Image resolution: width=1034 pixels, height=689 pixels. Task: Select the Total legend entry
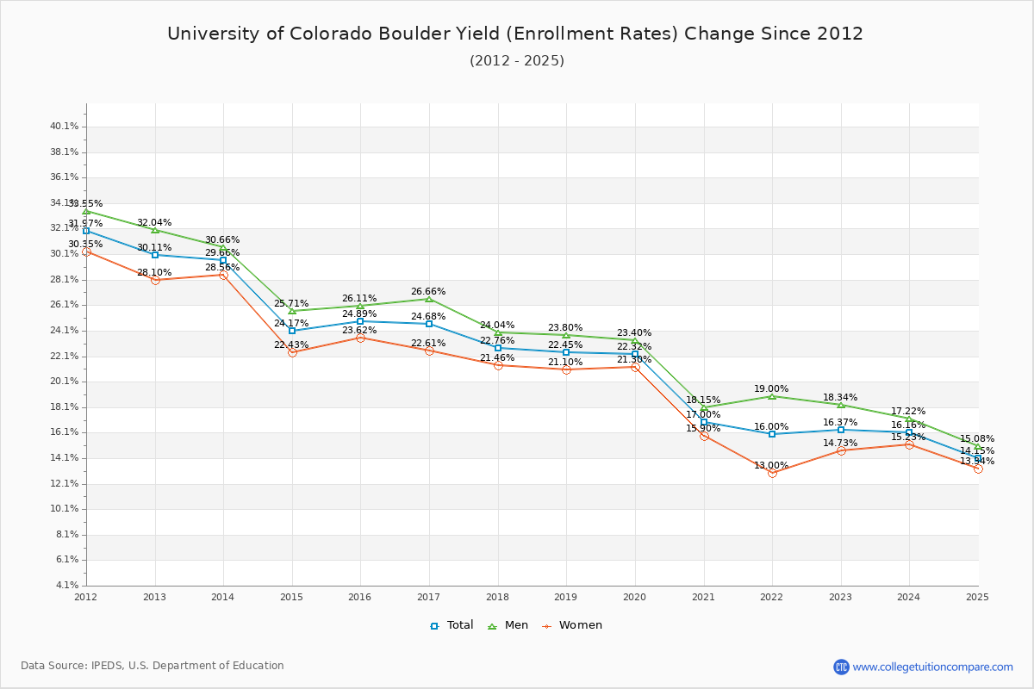click(452, 625)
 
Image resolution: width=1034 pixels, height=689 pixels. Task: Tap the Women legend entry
click(571, 625)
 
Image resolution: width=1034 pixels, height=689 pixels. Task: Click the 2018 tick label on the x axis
click(497, 596)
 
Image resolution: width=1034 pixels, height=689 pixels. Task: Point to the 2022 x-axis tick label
click(771, 596)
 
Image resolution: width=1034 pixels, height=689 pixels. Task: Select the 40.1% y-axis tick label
click(65, 127)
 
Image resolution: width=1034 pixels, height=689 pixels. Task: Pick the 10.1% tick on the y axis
click(65, 509)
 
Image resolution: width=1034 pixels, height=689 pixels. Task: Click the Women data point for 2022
click(772, 473)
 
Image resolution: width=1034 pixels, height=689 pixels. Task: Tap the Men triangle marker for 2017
click(429, 299)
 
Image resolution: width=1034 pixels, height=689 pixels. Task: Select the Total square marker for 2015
click(292, 331)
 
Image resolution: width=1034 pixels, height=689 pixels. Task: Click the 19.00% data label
click(771, 389)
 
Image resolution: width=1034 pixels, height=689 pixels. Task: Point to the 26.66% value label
click(428, 292)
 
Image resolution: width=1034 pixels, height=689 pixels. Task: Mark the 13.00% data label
click(771, 466)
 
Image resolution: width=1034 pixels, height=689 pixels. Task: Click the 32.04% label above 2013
click(154, 223)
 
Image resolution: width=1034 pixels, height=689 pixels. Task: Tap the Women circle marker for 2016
click(360, 338)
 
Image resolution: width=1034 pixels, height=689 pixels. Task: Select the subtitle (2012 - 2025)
click(517, 61)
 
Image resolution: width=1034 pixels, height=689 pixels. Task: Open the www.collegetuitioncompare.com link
click(932, 667)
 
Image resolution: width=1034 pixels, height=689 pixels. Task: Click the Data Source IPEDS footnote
click(153, 666)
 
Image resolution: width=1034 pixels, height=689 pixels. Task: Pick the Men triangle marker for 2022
click(772, 396)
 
